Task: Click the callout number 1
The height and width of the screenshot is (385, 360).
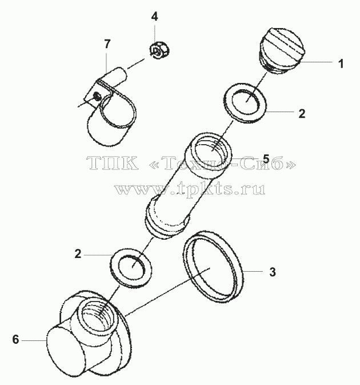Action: click(x=341, y=63)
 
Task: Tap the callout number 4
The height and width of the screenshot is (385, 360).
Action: click(x=154, y=17)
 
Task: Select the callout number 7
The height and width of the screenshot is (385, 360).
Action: click(x=107, y=44)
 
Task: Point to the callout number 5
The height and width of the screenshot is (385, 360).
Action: click(x=266, y=159)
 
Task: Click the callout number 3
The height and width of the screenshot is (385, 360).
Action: click(x=273, y=272)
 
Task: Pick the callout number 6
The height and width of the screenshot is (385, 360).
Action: click(x=15, y=339)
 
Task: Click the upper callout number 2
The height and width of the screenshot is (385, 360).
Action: click(x=302, y=114)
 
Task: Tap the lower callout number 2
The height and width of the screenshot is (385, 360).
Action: click(x=78, y=253)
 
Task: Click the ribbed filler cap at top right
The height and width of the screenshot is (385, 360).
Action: click(x=282, y=51)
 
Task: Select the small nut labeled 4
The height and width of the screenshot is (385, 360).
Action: click(x=159, y=50)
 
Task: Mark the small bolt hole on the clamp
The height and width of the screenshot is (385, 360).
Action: click(x=97, y=96)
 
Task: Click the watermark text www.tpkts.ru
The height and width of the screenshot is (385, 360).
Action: click(x=190, y=189)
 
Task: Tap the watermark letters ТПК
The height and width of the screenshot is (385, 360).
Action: click(x=113, y=163)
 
